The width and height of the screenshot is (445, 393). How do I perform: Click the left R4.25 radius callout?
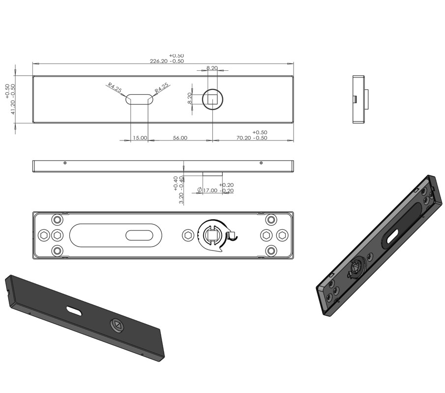point(114,88)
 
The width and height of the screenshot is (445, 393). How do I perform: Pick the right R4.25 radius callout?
point(162,88)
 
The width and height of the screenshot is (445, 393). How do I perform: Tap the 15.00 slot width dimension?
point(140,138)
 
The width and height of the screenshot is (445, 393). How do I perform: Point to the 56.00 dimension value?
point(180,138)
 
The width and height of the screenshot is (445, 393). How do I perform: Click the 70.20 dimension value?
point(251,138)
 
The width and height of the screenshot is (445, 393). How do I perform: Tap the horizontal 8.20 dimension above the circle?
point(212,68)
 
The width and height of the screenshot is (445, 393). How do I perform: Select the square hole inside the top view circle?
point(212,99)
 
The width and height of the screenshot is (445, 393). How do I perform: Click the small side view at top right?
point(359,99)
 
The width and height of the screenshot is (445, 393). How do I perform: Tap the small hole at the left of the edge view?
point(65,163)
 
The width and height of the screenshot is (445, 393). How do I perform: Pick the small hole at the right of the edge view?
point(261,163)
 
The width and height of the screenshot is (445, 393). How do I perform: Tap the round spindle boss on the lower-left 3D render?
point(118,324)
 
